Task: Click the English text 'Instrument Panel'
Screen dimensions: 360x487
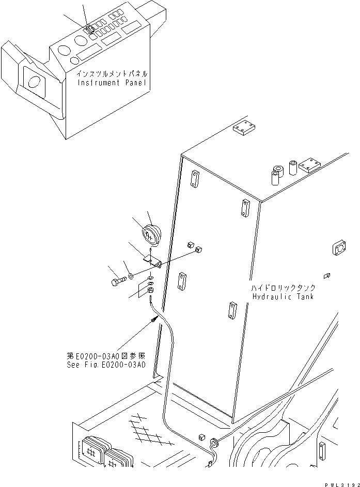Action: coord(112,83)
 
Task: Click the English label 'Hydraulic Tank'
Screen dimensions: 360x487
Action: coord(283,296)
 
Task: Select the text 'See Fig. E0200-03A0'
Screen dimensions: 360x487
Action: coord(106,365)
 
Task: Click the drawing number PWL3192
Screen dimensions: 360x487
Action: coord(342,484)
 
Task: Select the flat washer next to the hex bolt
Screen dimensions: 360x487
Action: coord(131,275)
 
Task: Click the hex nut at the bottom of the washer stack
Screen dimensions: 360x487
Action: coord(150,290)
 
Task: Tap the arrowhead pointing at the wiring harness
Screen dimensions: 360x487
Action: coord(154,319)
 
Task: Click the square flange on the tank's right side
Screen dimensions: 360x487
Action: coord(338,248)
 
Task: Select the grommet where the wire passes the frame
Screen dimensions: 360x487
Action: coord(213,442)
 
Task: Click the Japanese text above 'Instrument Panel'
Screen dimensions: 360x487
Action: coord(112,74)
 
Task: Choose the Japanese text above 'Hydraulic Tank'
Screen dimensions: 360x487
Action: coord(283,288)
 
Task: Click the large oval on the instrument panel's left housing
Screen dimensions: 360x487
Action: coord(34,82)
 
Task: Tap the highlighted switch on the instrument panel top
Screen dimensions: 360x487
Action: coord(90,29)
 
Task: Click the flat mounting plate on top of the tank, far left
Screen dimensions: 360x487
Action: coord(244,128)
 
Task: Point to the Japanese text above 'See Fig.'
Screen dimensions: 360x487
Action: coord(106,356)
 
